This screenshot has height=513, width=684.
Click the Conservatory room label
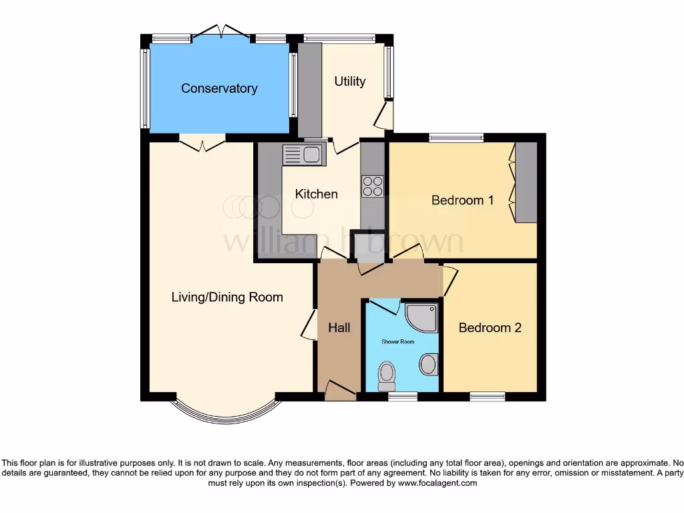pyautogui.click(x=219, y=88)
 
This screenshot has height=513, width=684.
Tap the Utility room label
pyautogui.click(x=349, y=81)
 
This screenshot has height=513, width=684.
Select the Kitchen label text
pyautogui.click(x=317, y=194)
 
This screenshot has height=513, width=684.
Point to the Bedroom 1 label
pyautogui.click(x=462, y=200)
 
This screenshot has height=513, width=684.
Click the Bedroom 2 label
pyautogui.click(x=490, y=327)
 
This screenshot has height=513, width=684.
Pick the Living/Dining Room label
pyautogui.click(x=227, y=297)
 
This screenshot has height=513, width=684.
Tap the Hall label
pyautogui.click(x=339, y=327)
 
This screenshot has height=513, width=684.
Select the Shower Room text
pyautogui.click(x=398, y=341)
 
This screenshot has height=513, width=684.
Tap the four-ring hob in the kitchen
pyautogui.click(x=373, y=186)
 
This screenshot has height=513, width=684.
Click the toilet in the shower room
pyautogui.click(x=386, y=376)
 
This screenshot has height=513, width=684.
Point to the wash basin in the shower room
pyautogui.click(x=427, y=365)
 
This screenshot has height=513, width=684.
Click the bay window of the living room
pyautogui.click(x=223, y=417)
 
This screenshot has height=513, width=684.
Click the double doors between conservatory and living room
pyautogui.click(x=202, y=141)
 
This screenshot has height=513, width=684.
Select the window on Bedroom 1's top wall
pyautogui.click(x=456, y=138)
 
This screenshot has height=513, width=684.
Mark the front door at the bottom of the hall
pyautogui.click(x=340, y=393)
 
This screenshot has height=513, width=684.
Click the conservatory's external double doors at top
pyautogui.click(x=221, y=33)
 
